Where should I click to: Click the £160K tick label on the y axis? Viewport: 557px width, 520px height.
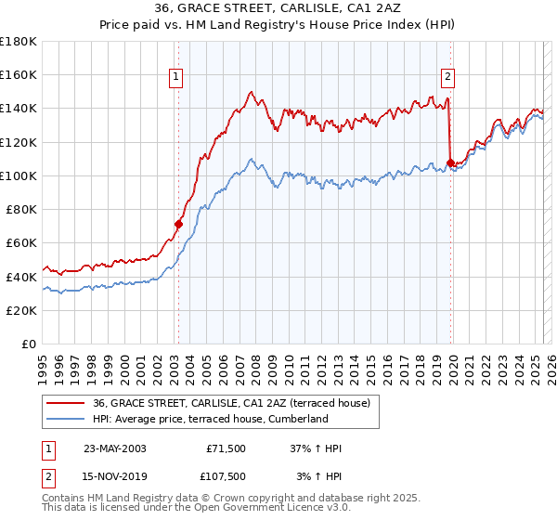click(19, 75)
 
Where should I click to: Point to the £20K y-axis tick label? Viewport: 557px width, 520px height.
click(21, 310)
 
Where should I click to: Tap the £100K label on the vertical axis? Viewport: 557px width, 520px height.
click(19, 175)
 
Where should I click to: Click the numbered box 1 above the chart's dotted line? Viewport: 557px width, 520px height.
click(176, 77)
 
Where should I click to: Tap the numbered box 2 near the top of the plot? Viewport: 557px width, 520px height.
click(447, 77)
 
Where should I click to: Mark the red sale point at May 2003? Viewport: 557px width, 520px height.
click(178, 224)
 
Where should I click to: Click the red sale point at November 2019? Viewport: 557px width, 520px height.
click(450, 163)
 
